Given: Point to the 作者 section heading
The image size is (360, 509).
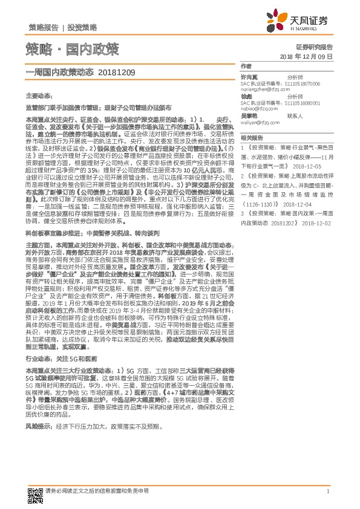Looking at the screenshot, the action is coord(245,66).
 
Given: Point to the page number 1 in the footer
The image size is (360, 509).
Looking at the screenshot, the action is coord(327,491).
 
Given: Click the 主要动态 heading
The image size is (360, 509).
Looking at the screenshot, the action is coord(39,96).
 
